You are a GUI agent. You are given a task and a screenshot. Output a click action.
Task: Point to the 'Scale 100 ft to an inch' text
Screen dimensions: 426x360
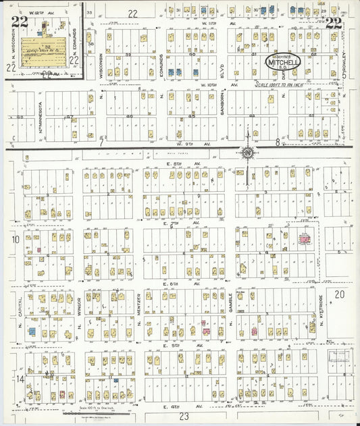coord(306,84)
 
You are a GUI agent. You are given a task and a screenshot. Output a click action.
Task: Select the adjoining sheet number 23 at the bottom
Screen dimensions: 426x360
coord(183,417)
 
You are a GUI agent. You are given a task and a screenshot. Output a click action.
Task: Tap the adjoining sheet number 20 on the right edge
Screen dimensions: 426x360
coord(339,294)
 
